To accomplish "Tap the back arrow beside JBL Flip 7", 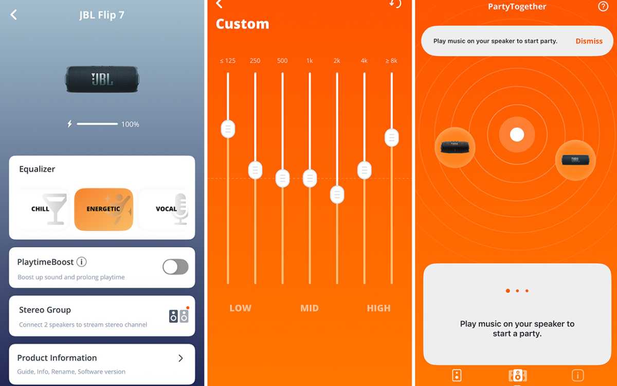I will [14, 15].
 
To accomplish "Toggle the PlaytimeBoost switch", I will [175, 267].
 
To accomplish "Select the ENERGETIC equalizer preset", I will [104, 209].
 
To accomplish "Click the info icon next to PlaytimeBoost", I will [81, 262].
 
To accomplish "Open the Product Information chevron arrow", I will [180, 358].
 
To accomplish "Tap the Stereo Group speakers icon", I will [178, 315].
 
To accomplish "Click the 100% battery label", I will [130, 125].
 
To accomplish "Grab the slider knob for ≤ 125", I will [228, 129].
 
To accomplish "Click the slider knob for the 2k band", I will [337, 195].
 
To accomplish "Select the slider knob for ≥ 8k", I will [392, 137].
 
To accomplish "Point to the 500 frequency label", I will [282, 61].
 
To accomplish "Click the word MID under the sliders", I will [310, 308].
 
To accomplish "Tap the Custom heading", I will [242, 24].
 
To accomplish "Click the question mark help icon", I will [603, 7].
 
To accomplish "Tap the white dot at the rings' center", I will [517, 135].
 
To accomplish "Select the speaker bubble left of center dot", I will [455, 148].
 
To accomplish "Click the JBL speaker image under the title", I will [102, 79].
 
